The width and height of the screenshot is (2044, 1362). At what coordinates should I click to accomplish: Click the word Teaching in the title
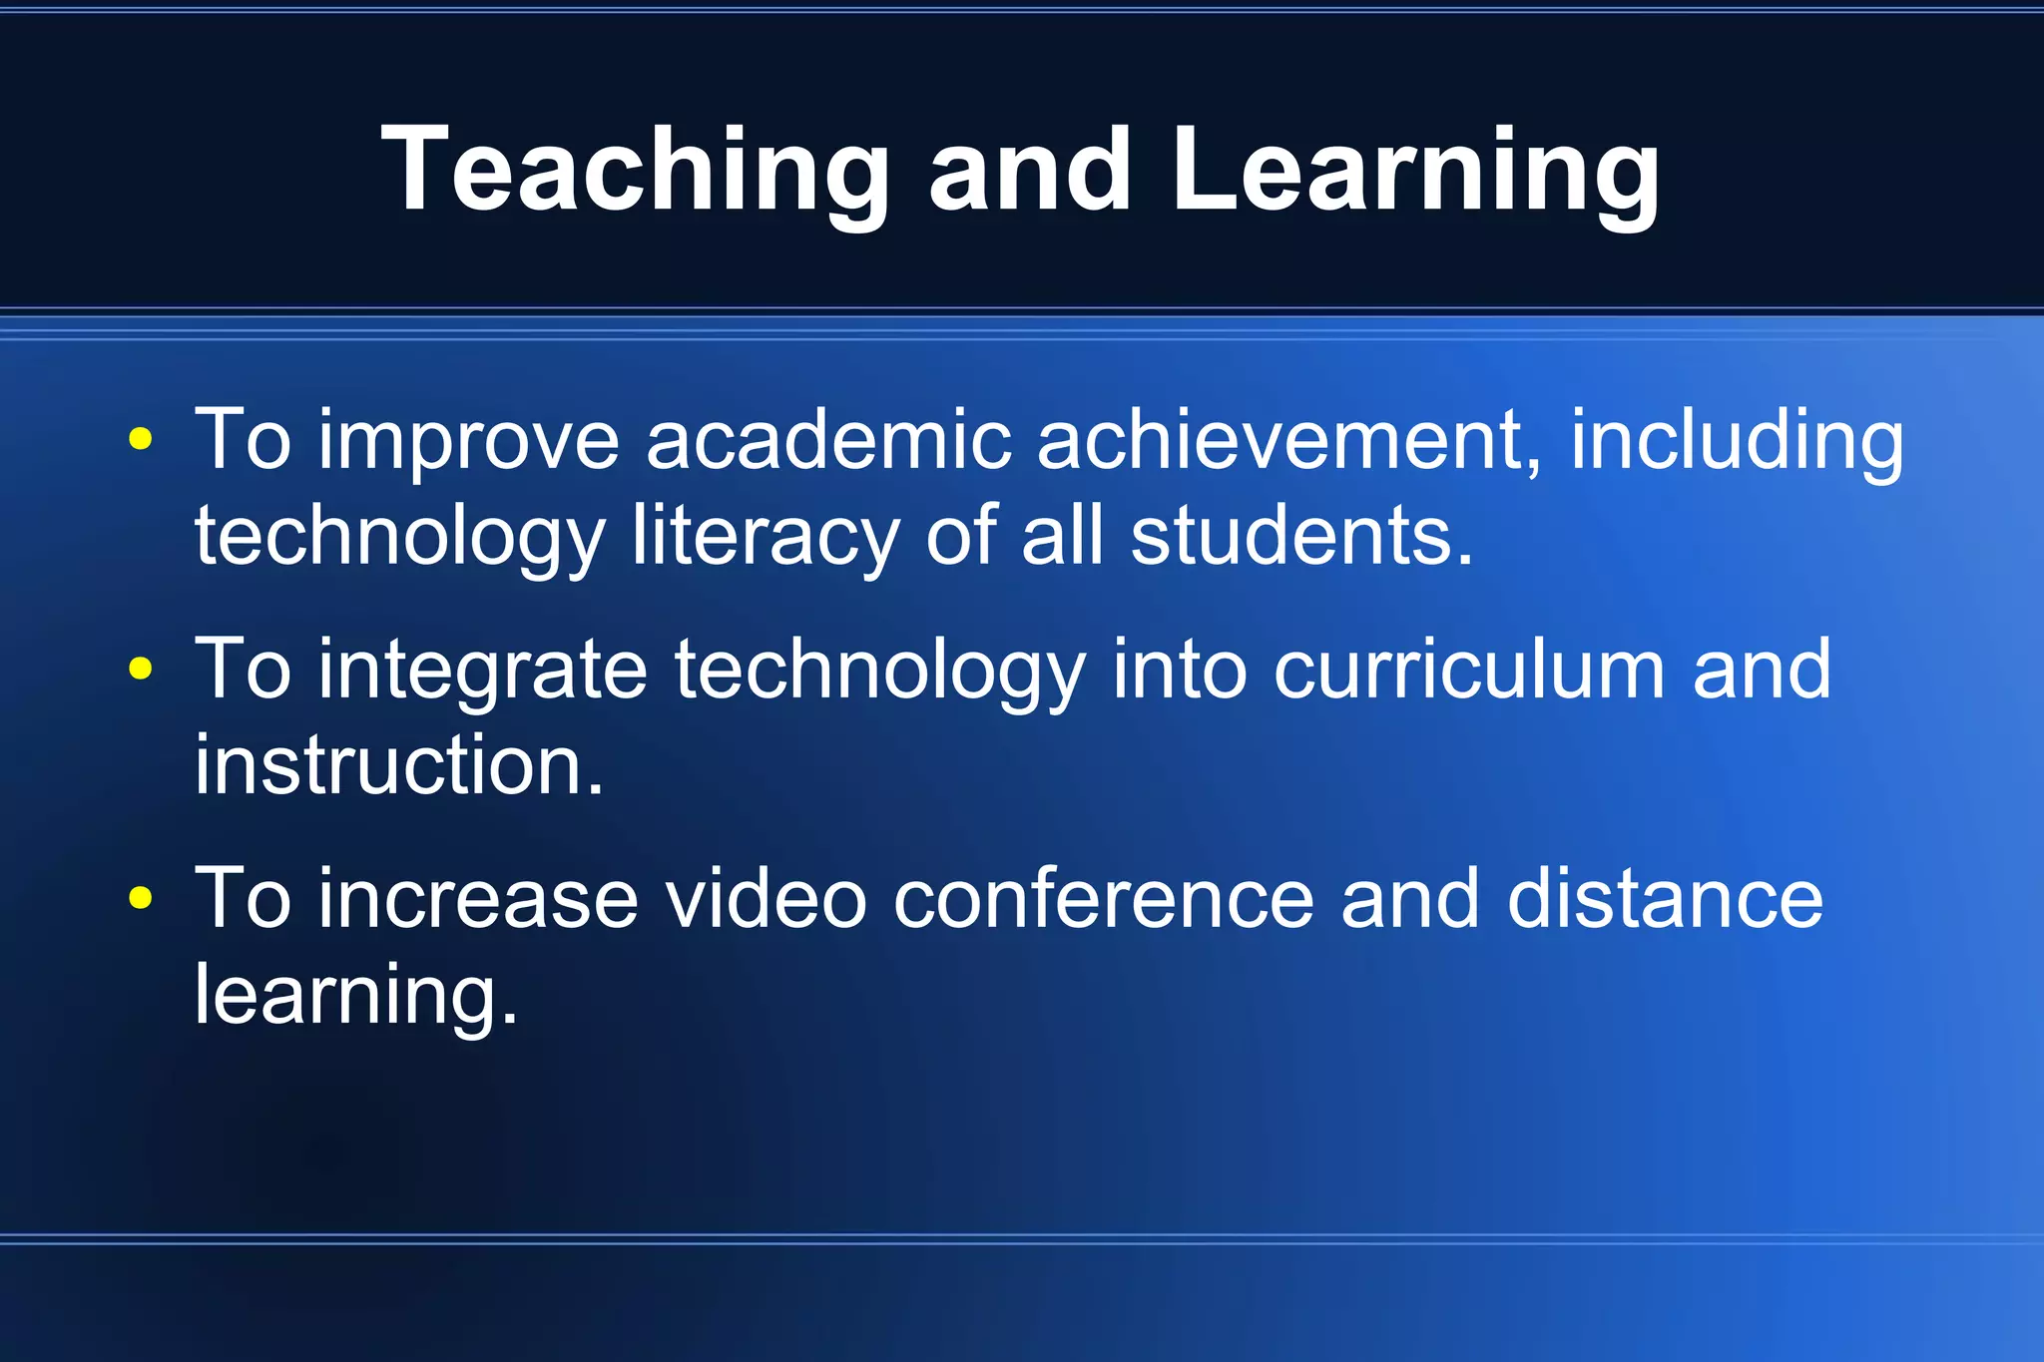(635, 170)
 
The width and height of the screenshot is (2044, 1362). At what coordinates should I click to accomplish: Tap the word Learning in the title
(1415, 170)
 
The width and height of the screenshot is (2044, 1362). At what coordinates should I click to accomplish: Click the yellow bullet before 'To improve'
(141, 439)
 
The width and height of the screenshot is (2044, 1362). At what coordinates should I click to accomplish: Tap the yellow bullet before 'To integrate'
(141, 669)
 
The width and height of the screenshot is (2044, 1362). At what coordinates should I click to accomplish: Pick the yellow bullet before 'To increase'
(141, 898)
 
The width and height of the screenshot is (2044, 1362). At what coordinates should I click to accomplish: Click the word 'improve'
(468, 441)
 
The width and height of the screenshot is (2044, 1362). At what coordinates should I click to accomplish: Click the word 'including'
(1737, 441)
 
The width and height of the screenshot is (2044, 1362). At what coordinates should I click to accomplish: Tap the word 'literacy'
(766, 537)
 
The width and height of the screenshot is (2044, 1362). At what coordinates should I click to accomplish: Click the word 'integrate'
(482, 671)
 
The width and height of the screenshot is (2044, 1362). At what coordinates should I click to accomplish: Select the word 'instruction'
(398, 764)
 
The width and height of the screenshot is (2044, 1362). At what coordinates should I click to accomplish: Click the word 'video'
(766, 898)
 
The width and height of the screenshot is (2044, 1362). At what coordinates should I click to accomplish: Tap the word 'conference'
(1103, 898)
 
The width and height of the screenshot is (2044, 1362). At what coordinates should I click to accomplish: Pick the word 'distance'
(1665, 898)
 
